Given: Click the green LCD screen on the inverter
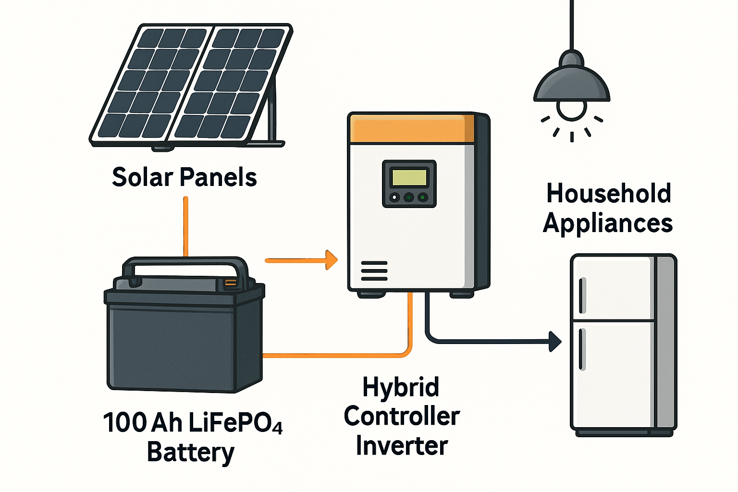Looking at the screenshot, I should (409, 177).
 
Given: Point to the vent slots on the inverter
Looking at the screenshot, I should (374, 271).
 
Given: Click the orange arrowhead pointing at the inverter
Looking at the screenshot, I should (332, 260).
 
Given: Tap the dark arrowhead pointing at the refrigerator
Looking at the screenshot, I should (555, 342).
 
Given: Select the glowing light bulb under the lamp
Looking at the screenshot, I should (572, 110).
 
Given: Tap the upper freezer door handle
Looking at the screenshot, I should (582, 295).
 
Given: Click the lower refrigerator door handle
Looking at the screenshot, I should (582, 349).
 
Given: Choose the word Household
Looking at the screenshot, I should (608, 194).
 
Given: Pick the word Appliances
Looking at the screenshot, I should (608, 223).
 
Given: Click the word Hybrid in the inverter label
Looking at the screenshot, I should (401, 387).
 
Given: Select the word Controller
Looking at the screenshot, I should (402, 416).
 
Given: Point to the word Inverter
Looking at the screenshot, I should (402, 446).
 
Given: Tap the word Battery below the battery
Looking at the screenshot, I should (191, 453).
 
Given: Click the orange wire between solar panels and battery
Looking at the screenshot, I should (185, 226).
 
